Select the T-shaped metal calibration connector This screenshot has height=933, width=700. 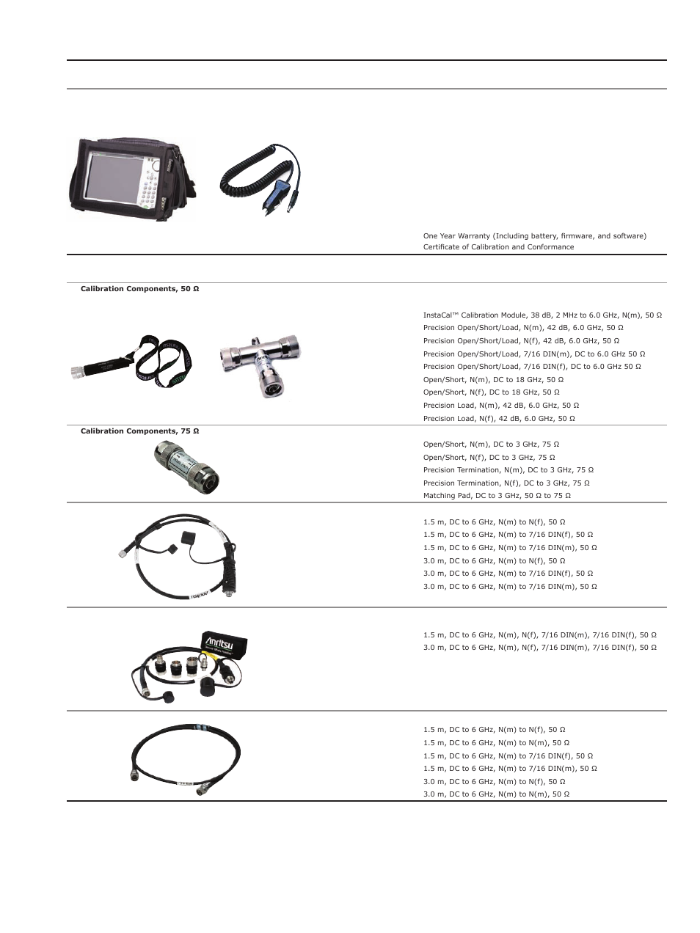point(260,363)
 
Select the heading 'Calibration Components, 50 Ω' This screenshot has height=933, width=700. point(139,289)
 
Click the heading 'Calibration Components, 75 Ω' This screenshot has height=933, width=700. point(139,431)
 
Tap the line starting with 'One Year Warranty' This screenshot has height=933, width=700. point(534,236)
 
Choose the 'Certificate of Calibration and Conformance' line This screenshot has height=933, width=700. point(498,247)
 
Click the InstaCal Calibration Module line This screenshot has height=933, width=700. point(542,315)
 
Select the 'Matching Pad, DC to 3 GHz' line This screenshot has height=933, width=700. point(497,496)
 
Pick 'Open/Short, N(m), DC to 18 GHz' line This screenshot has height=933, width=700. point(493,380)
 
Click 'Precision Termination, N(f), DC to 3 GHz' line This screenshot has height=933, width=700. point(506,483)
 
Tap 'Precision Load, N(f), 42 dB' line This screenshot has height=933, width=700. point(499,419)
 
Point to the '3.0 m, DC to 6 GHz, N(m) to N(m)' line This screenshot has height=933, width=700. point(496,794)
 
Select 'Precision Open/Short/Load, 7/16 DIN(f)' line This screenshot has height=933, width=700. point(532,367)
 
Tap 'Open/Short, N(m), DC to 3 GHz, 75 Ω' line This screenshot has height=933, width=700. point(491,444)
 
